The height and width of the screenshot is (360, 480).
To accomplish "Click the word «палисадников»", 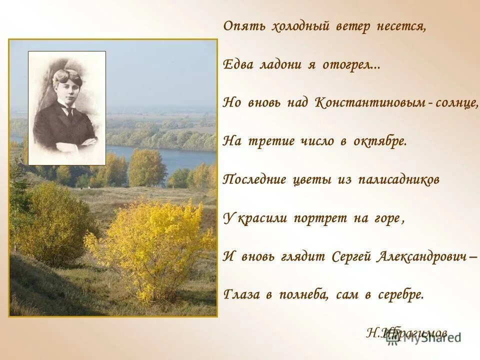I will coord(398,180).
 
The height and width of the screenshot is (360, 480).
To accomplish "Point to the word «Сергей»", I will coord(350,257).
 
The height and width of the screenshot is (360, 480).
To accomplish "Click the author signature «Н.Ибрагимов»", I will coord(406,332).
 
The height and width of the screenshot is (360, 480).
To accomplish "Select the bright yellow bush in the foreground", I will coord(150,245).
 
